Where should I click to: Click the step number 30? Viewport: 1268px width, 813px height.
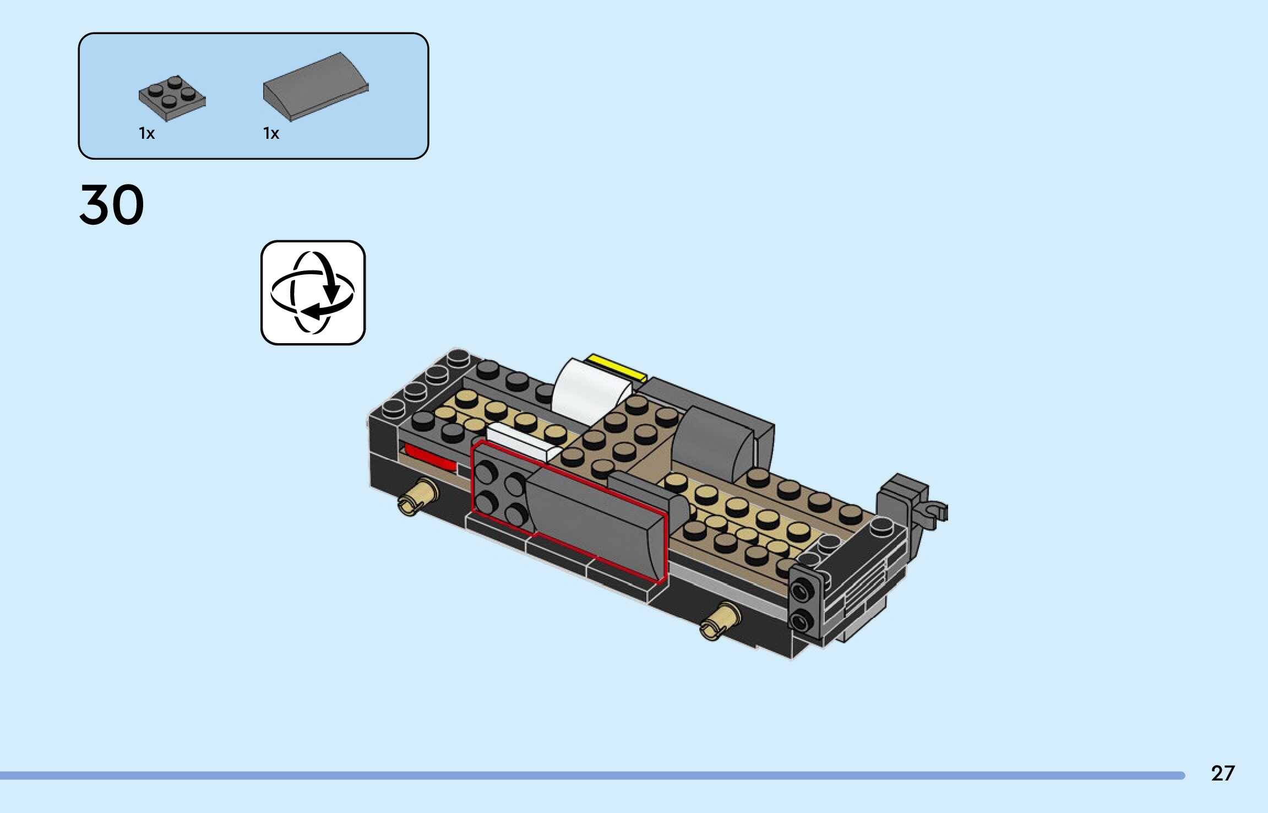point(112,204)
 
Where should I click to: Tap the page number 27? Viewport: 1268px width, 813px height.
point(1223,773)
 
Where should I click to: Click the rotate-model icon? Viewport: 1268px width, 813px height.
point(313,292)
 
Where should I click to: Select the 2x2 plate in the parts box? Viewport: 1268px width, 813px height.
point(172,98)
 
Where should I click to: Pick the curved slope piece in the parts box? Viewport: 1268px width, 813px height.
point(315,86)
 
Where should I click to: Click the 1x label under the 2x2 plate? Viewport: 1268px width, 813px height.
point(146,133)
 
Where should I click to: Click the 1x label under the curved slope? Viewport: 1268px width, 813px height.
point(271,133)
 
